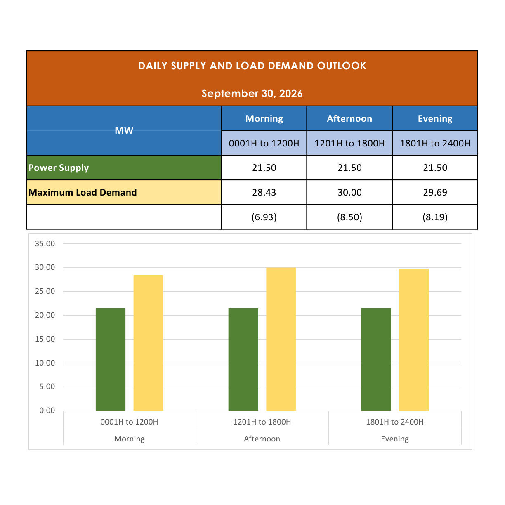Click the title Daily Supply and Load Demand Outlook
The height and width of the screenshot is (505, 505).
(252, 66)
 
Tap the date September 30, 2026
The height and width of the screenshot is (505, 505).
(252, 94)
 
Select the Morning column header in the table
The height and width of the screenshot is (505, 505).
(264, 118)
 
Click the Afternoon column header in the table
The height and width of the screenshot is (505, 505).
(349, 118)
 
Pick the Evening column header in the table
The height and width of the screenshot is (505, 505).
(435, 118)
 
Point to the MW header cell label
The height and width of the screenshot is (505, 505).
(124, 130)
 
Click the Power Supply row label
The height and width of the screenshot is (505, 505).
(59, 168)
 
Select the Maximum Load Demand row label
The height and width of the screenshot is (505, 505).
(83, 192)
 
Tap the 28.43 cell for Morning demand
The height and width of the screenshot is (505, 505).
(264, 192)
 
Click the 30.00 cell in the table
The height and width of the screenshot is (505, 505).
(349, 192)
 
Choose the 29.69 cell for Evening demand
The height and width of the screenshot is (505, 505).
(435, 192)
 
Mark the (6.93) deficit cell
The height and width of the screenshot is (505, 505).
(264, 217)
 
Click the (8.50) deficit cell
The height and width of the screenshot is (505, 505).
(349, 217)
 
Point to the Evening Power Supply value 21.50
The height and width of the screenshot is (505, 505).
(435, 168)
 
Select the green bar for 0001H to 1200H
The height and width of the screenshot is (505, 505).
(110, 359)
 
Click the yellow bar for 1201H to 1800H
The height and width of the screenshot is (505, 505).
(281, 339)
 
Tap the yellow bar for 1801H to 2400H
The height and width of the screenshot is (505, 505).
(413, 340)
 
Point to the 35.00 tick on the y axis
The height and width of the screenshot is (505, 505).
(45, 244)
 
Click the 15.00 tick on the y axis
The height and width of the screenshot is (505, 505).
(45, 339)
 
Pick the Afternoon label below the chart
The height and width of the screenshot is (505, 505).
(262, 439)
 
